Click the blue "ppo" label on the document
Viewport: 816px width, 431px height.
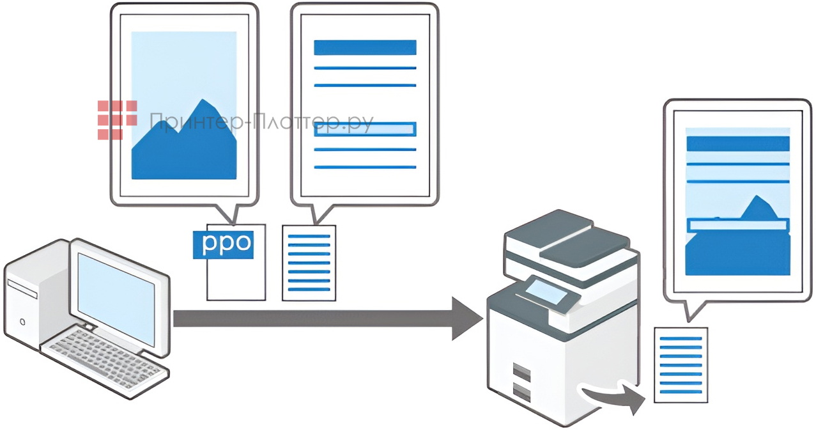click(x=223, y=244)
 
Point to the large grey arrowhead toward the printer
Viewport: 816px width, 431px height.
click(x=466, y=318)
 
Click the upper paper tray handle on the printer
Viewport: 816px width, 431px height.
click(x=522, y=370)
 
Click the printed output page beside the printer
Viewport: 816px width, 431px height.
click(x=681, y=364)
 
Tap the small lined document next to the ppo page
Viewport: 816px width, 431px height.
click(x=309, y=262)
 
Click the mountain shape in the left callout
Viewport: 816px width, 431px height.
click(x=185, y=144)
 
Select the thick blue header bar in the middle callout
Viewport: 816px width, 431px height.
click(x=365, y=47)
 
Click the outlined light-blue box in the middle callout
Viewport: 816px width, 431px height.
click(x=365, y=129)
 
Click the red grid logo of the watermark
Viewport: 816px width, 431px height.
click(x=117, y=120)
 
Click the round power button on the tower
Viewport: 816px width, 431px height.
click(x=23, y=320)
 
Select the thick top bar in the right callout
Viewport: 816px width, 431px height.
click(x=737, y=143)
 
